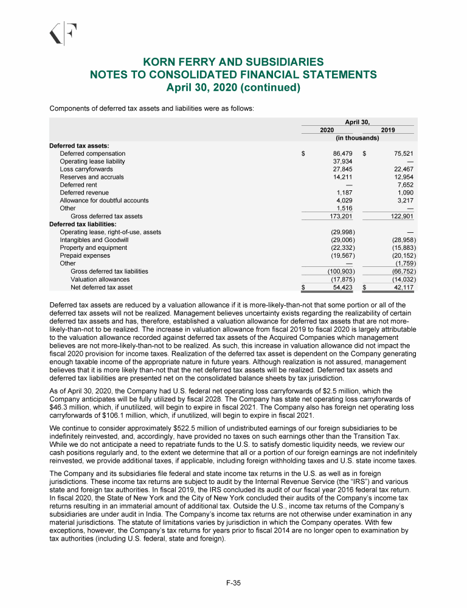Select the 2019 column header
387,130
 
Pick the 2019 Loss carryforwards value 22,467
403,169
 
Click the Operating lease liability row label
92,162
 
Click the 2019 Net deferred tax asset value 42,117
403,287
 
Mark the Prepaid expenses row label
85,255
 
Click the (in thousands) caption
358,138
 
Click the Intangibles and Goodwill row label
93,240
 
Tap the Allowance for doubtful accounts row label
104,201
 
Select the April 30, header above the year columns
358,122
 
